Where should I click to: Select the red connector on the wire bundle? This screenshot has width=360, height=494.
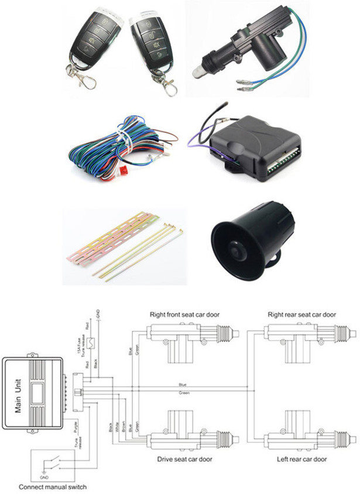(x=124, y=171)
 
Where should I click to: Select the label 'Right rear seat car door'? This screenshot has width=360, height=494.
(x=301, y=314)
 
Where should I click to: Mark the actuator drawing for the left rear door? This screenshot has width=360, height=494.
(x=293, y=436)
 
